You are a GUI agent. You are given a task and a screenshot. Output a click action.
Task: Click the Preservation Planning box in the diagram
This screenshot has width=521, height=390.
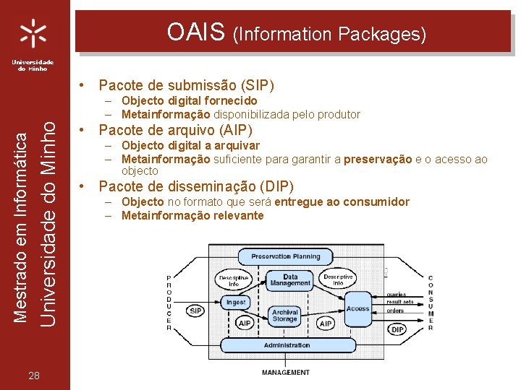[285, 256]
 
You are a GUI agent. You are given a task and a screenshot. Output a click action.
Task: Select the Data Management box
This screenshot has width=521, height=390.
[290, 280]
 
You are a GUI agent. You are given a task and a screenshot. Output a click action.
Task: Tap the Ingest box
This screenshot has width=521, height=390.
[236, 302]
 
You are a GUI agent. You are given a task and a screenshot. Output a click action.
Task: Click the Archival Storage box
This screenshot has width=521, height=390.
[285, 316]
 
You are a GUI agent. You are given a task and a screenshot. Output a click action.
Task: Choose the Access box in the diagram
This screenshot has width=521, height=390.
[357, 308]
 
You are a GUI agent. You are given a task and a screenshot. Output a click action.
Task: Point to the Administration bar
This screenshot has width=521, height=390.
[287, 345]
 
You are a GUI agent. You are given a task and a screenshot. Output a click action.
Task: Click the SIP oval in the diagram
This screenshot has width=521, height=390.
[195, 311]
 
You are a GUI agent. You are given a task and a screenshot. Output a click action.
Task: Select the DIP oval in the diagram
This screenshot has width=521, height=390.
[397, 329]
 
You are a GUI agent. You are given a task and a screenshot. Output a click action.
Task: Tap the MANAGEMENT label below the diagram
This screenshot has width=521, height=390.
[285, 373]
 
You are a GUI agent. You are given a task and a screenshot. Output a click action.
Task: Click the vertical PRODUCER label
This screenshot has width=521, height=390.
[169, 303]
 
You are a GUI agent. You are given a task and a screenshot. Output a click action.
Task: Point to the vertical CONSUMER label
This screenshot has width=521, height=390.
[430, 303]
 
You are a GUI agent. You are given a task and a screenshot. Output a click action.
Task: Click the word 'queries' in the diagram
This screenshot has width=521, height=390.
[396, 294]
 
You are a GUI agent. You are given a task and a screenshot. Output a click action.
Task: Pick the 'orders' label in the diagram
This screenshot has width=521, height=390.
[395, 311]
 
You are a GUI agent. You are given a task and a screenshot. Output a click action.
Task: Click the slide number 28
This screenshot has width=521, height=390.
[34, 374]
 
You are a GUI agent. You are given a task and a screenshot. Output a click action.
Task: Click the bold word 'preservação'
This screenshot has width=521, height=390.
[378, 159]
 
